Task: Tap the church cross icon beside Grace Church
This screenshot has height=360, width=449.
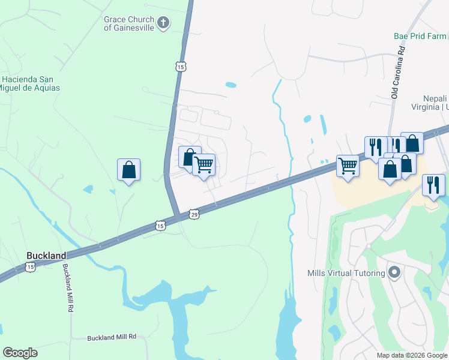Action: (x=163, y=23)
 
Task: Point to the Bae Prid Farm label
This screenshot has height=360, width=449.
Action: (x=420, y=36)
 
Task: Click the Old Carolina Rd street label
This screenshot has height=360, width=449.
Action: (x=395, y=74)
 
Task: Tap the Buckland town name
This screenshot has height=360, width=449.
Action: (x=46, y=256)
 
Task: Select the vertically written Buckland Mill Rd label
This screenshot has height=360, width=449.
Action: (x=67, y=288)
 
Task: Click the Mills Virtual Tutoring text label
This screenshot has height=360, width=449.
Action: (x=346, y=274)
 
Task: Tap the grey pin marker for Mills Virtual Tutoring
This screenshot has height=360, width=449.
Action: (x=394, y=273)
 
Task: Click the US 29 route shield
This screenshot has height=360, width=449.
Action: (x=194, y=214)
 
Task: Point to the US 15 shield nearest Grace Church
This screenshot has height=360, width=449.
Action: (x=181, y=67)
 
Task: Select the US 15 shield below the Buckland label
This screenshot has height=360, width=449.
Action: (x=31, y=266)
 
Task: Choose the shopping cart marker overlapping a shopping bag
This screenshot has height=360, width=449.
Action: (x=204, y=164)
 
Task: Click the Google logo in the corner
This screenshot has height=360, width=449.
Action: (x=20, y=353)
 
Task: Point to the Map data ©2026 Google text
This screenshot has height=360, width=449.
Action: (x=412, y=355)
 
